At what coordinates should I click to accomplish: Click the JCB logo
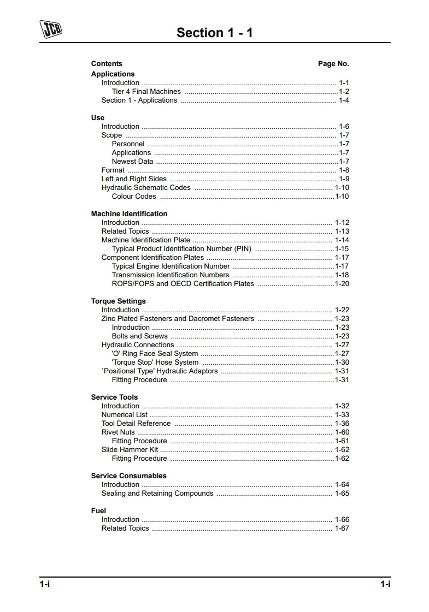coord(51,29)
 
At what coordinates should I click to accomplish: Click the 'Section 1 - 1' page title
coord(214,33)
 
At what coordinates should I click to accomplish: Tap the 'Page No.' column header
coord(333,64)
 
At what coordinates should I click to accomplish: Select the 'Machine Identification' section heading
coord(129,214)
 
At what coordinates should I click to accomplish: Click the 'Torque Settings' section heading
coord(118,301)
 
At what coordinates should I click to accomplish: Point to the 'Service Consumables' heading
coord(128,476)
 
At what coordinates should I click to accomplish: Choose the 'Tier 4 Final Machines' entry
coord(146,92)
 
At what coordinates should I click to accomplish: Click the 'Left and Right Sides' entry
coord(134,179)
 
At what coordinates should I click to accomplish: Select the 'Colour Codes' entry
coord(134,197)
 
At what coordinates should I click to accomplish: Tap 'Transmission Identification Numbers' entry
coord(170,275)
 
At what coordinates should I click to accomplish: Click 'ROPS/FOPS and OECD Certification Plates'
coord(183,284)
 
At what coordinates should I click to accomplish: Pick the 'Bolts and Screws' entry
coord(139,336)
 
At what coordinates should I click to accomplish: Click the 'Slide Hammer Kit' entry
coord(130,450)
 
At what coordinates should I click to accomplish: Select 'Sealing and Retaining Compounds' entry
coord(157,494)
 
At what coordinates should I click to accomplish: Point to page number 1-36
coord(342,424)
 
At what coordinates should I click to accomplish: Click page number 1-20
coord(342,284)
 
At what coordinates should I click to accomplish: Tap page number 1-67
coord(342,528)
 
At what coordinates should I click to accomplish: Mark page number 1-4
coord(344,100)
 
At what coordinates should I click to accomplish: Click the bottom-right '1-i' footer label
coord(385,584)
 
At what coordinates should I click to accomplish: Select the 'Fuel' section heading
coord(98,511)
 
